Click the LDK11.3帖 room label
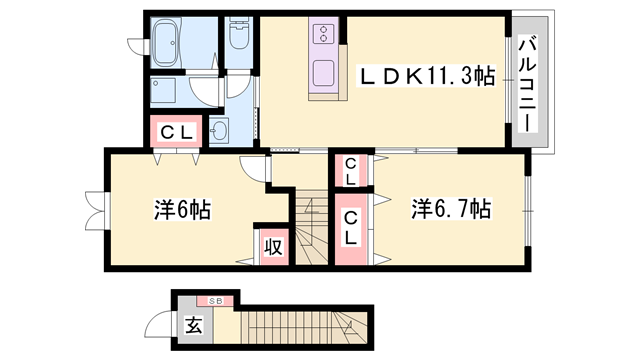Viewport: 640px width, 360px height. [x=427, y=76]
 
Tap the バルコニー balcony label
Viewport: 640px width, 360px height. [x=528, y=84]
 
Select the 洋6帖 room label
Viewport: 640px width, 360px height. [x=182, y=209]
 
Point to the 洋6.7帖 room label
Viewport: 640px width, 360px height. [x=451, y=209]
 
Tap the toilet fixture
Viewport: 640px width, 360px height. [x=239, y=34]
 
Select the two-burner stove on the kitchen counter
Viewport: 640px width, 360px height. [x=324, y=33]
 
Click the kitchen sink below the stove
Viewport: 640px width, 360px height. [x=324, y=73]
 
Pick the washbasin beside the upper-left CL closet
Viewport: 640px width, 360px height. [x=219, y=131]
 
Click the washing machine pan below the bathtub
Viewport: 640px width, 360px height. [x=163, y=90]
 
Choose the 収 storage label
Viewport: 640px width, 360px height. [x=273, y=247]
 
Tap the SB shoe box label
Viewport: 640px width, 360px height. [x=215, y=301]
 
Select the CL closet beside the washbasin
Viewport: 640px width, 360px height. [x=176, y=131]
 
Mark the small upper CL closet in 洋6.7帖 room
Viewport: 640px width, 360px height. [x=351, y=171]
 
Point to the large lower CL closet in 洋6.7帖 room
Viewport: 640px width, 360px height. [x=351, y=229]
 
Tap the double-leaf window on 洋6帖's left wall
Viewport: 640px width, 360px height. [x=96, y=210]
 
